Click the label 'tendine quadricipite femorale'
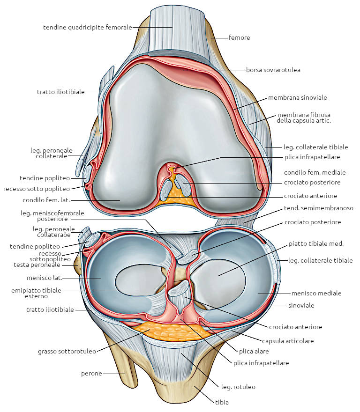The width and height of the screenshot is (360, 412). tap(87, 27)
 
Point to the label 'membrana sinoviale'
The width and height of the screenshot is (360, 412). tap(297, 98)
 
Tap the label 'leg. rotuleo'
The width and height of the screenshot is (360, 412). tap(238, 387)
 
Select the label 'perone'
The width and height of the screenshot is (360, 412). tap(91, 374)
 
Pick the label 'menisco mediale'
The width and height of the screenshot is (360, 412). tap(316, 294)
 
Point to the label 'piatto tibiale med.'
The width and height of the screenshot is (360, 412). tap(316, 243)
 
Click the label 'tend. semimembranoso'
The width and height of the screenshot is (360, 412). tap(319, 208)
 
